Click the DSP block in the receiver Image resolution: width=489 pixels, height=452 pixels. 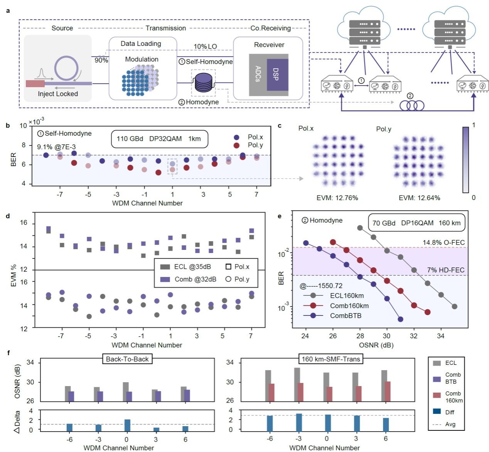(277, 74)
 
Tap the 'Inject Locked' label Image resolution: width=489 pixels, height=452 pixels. (58, 94)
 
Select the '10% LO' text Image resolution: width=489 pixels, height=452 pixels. (205, 46)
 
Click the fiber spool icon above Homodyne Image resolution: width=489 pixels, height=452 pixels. (204, 82)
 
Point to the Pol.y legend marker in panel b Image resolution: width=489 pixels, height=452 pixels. (237, 145)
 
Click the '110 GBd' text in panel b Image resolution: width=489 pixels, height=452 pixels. (130, 139)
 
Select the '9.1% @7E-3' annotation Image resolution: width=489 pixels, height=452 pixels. (56, 147)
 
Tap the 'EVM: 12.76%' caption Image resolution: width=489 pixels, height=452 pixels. (337, 198)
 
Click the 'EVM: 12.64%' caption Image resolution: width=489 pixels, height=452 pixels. (419, 198)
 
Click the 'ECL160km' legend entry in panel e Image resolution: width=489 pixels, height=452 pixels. (347, 296)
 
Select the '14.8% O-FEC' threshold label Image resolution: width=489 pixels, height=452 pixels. (443, 243)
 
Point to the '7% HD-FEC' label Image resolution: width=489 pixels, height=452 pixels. (445, 270)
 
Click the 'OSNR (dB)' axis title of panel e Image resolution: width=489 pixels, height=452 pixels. (376, 345)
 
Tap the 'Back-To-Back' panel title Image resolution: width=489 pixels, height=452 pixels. (127, 359)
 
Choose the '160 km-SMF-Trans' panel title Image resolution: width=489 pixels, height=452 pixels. (330, 359)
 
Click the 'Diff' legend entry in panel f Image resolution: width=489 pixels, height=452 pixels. (450, 412)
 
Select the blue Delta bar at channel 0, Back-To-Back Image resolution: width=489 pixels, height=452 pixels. (127, 425)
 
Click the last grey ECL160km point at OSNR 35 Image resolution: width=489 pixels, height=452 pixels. (454, 307)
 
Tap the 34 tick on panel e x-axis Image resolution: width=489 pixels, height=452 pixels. (440, 336)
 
